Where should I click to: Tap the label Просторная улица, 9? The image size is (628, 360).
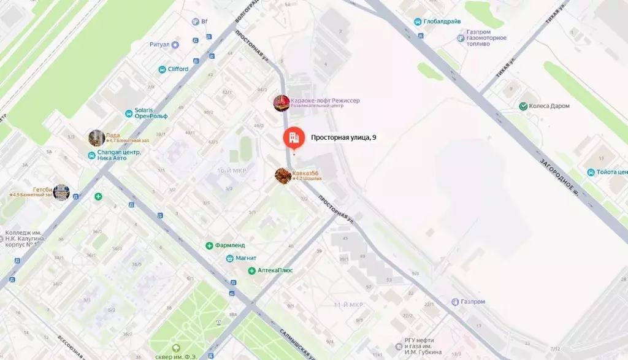click(343, 138)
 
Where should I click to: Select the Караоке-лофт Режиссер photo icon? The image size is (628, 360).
click(281, 103)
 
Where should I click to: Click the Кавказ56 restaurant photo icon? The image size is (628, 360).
click(283, 176)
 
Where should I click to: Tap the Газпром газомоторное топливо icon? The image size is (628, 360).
click(461, 38)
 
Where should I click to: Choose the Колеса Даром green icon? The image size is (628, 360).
click(523, 106)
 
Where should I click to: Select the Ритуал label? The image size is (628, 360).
click(159, 45)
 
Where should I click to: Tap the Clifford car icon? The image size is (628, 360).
click(163, 69)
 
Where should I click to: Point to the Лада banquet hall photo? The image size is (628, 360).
click(96, 138)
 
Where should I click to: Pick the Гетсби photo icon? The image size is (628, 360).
click(61, 192)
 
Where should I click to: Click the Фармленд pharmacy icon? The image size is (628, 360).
click(210, 245)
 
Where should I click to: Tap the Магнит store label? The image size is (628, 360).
click(246, 258)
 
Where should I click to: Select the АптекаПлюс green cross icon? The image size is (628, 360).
click(252, 270)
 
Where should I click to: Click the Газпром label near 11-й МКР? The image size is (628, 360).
click(472, 302)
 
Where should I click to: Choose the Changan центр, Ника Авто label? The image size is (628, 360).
click(120, 155)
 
